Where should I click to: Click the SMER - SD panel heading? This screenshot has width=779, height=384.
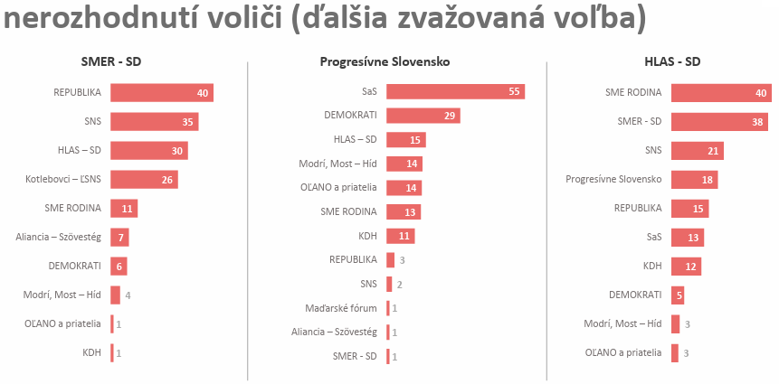[111, 62]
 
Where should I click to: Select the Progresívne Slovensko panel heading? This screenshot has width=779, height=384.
[385, 62]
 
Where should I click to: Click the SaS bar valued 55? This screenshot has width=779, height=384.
[455, 92]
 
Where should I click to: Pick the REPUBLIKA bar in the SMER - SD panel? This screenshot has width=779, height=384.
[161, 92]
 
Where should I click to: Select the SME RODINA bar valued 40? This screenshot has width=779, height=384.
[720, 92]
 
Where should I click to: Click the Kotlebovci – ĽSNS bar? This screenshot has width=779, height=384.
[144, 179]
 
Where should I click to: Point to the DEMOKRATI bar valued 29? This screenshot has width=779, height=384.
[423, 116]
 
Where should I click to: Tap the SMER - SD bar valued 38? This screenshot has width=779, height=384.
[719, 121]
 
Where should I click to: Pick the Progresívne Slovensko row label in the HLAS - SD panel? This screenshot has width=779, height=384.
[613, 179]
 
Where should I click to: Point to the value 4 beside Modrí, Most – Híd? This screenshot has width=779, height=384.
[128, 295]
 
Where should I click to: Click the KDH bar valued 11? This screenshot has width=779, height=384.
[400, 236]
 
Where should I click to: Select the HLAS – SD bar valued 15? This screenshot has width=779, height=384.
[405, 140]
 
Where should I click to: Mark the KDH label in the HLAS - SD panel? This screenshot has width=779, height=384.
[651, 266]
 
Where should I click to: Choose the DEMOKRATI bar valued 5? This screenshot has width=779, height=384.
[678, 295]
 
